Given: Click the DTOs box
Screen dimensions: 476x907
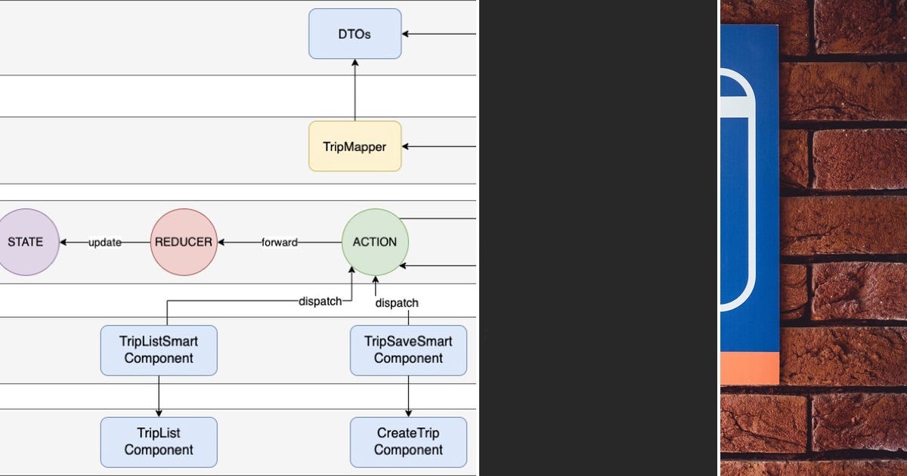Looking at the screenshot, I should (354, 34).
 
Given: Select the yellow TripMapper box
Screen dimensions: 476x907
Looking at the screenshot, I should (354, 147).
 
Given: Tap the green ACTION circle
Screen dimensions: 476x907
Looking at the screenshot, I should (375, 242).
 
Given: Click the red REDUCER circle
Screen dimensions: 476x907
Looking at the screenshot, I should (184, 242).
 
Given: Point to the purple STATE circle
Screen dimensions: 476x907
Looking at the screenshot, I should (26, 242).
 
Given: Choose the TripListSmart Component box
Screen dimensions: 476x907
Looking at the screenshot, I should (159, 350).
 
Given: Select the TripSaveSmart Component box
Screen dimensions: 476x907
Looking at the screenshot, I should (408, 350).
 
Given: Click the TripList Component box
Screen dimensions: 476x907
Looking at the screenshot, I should (159, 442).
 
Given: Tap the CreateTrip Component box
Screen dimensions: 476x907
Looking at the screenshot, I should (408, 442).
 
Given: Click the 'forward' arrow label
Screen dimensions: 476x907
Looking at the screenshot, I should (280, 243).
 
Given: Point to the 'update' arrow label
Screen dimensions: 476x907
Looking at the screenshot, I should (105, 243).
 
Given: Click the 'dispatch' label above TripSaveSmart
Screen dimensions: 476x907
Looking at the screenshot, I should (397, 303).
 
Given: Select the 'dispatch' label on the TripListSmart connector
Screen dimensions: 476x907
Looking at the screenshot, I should (320, 301).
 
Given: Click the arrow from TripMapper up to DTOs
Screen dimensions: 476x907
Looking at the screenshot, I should (354, 91).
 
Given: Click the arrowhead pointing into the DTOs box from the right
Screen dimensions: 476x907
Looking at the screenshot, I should (407, 34).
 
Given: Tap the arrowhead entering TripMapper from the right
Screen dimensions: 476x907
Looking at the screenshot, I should (407, 147).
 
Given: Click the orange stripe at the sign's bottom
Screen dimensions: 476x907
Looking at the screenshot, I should (749, 368).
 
